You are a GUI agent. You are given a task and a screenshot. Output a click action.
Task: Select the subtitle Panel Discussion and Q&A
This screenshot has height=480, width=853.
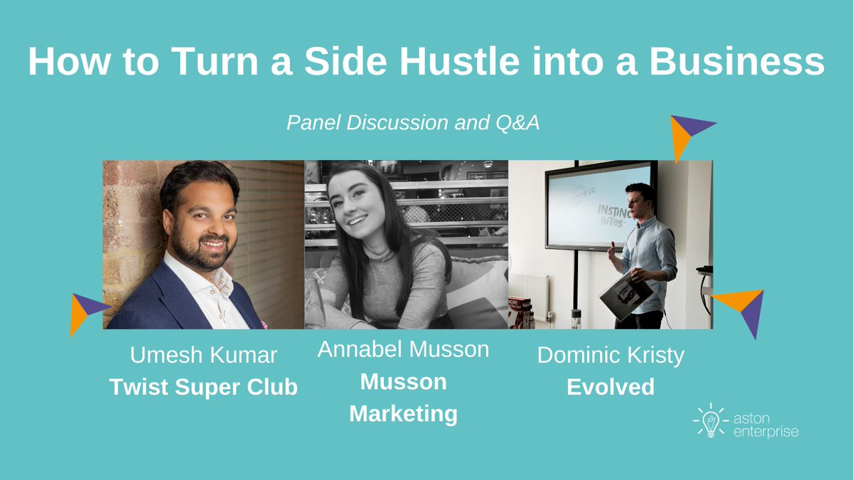tap(413, 123)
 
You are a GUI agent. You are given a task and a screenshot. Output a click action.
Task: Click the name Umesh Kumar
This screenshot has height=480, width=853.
tap(203, 356)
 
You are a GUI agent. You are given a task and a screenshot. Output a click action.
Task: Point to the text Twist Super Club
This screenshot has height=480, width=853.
tap(203, 388)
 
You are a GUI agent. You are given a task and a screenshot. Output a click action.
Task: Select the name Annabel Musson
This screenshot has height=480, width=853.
tap(403, 349)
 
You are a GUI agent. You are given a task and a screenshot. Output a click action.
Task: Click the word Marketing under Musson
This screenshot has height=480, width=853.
tap(403, 413)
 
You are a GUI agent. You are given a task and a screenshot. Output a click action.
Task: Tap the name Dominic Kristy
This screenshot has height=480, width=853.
tap(611, 356)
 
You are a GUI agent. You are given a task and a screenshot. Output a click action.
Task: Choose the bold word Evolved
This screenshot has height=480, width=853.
tap(611, 388)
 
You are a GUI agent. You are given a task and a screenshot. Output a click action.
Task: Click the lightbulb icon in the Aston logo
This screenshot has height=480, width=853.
tap(709, 421)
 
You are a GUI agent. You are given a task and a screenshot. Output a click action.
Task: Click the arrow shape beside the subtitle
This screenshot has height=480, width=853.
tap(687, 135)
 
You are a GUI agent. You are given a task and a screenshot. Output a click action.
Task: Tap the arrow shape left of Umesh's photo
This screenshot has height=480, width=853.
tap(85, 311)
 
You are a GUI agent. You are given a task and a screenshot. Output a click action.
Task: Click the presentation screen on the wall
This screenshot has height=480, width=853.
tap(597, 204)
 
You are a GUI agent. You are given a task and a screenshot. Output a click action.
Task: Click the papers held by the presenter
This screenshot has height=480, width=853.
tap(625, 294)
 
